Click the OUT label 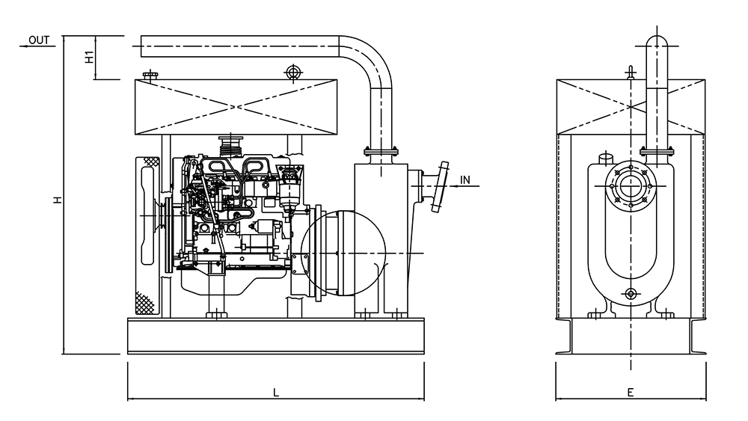point(39,40)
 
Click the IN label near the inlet point(466,179)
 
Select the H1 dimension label point(89,56)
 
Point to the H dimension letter point(56,199)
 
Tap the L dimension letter point(275,392)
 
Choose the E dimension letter point(630,392)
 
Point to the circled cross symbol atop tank point(292,72)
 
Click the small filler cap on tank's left point(150,74)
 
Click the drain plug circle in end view point(630,294)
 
